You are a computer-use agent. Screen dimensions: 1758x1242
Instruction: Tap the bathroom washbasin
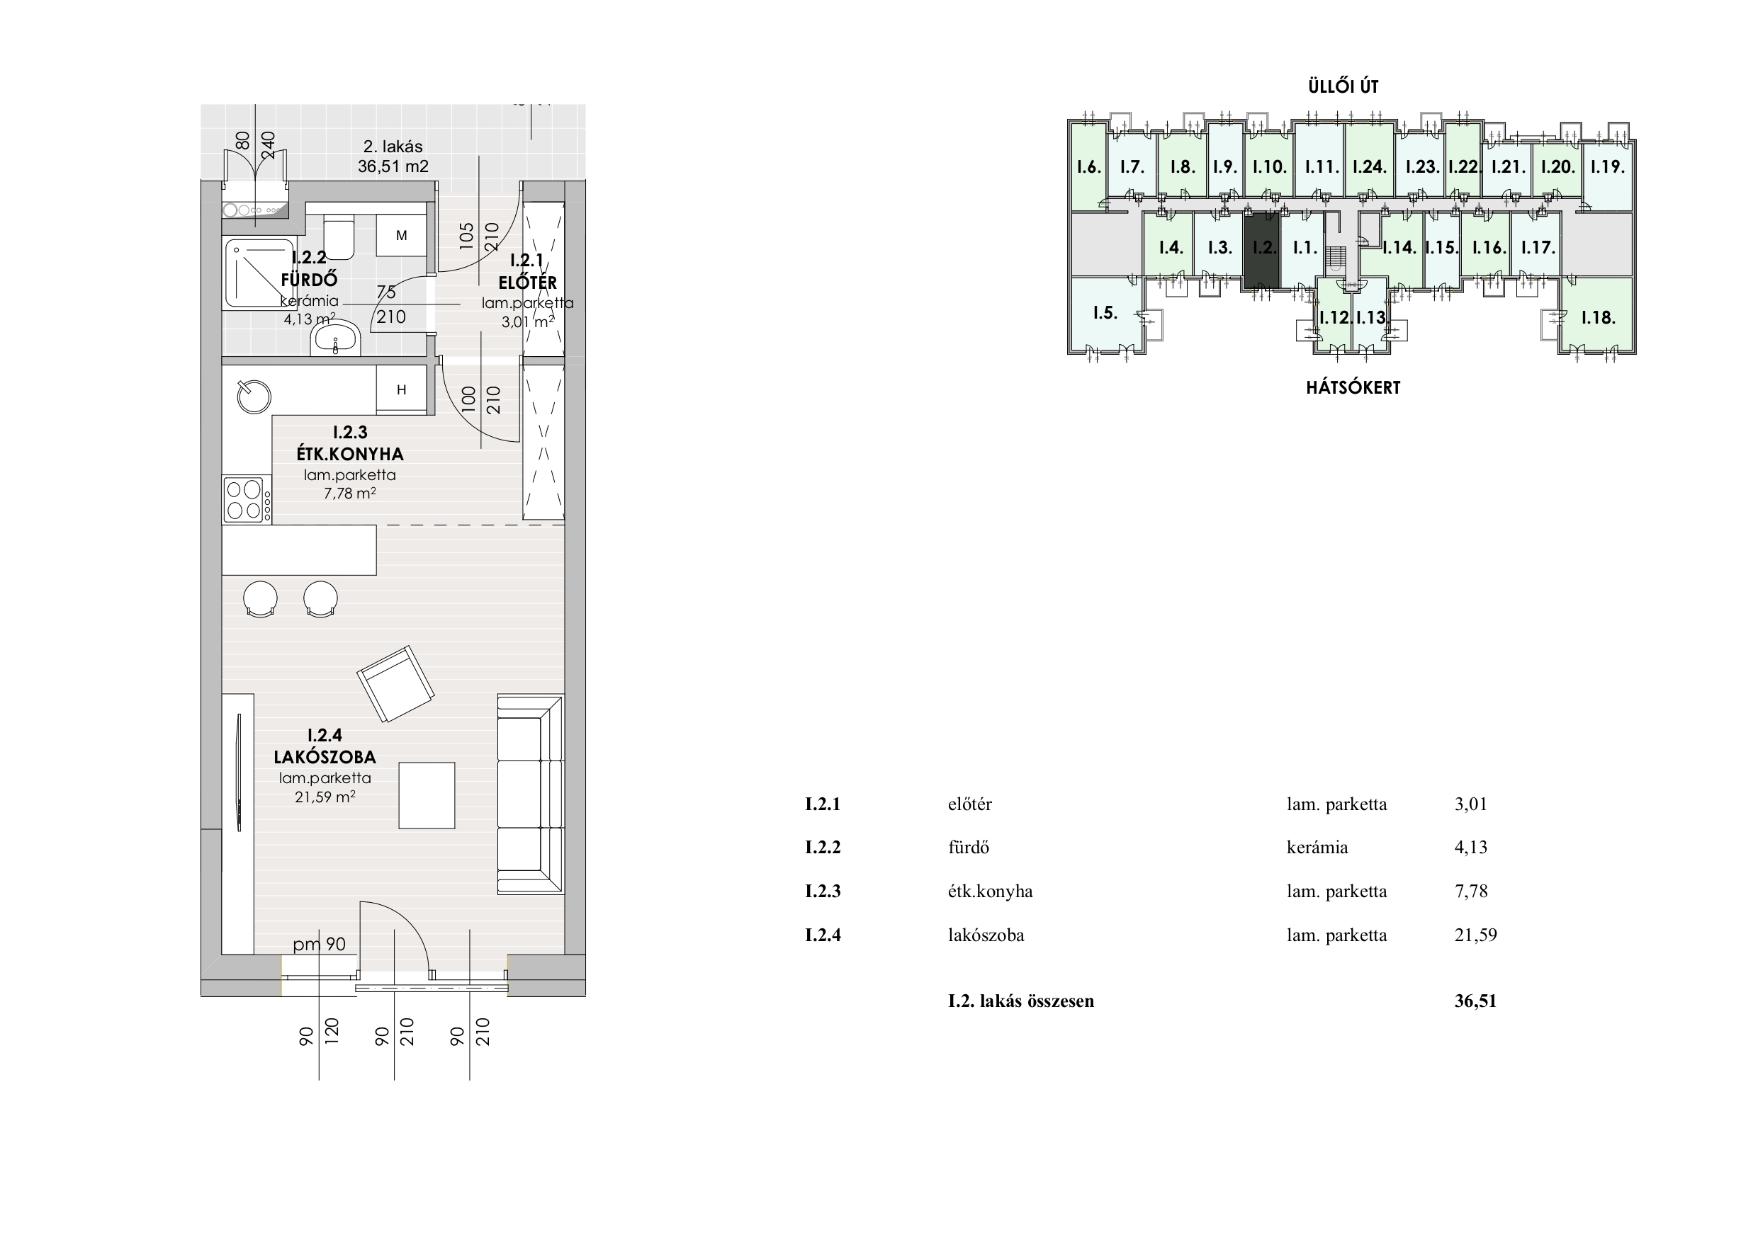tap(335, 339)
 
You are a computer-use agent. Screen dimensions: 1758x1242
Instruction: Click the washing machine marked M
tap(401, 236)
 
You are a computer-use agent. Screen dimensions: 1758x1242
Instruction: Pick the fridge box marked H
tap(401, 390)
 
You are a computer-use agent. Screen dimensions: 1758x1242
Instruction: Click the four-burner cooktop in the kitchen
tap(247, 500)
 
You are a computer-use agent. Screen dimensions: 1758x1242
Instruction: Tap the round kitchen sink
tap(254, 397)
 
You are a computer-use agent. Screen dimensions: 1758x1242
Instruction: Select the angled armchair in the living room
tap(396, 684)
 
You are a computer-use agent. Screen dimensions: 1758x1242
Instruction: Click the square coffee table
tap(427, 795)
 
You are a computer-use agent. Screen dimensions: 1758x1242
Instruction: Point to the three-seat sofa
tap(531, 794)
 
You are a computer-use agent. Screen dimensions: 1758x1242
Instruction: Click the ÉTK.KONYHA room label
tap(350, 454)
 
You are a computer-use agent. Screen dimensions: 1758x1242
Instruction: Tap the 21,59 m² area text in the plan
tap(325, 797)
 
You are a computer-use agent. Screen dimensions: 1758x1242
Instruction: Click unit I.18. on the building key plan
tap(1598, 317)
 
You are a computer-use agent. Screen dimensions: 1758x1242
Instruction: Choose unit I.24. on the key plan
tap(1369, 166)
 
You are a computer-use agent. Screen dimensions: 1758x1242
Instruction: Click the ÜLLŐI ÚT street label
tap(1343, 86)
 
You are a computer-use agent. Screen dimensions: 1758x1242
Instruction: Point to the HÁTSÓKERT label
tap(1353, 388)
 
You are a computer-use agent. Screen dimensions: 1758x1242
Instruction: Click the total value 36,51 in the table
tap(1475, 1001)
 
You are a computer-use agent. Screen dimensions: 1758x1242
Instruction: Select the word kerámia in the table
tap(1317, 847)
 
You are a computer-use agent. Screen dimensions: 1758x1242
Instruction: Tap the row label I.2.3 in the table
tap(823, 891)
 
